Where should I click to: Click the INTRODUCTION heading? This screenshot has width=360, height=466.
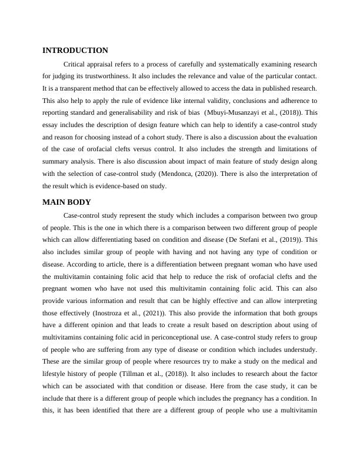[x=75, y=51]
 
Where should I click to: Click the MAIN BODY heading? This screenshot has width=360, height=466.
[x=66, y=202]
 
